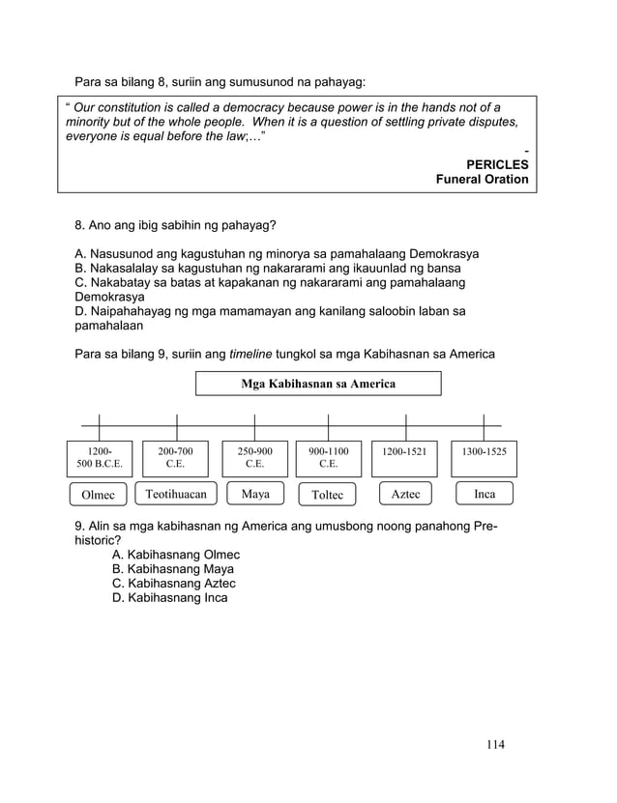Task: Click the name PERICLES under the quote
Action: (497, 165)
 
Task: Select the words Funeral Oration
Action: (482, 180)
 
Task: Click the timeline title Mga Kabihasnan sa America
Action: (318, 385)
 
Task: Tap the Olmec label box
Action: (99, 496)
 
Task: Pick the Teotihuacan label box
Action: (176, 494)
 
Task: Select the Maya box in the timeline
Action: (255, 494)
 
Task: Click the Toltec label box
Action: (328, 496)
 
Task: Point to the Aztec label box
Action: (405, 494)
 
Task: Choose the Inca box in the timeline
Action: (485, 494)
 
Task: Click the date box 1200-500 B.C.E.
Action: (100, 458)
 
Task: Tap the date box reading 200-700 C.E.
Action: (176, 458)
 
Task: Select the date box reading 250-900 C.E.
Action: (255, 458)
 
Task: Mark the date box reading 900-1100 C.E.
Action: (329, 458)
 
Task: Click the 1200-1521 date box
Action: (405, 452)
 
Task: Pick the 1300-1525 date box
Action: (485, 452)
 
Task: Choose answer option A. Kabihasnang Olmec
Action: (176, 556)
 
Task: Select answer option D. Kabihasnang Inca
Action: (170, 598)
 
